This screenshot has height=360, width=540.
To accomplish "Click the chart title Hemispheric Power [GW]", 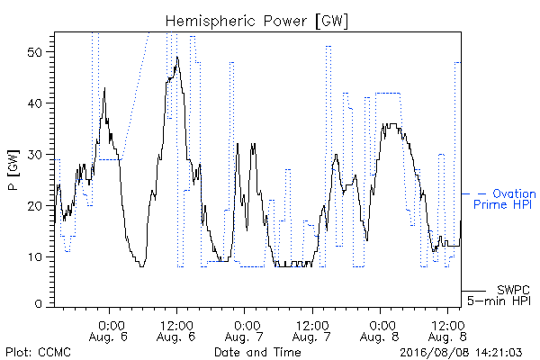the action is [256, 22].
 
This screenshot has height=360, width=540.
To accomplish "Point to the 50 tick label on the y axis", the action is [34, 52].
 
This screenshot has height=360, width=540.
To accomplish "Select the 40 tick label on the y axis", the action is [34, 103].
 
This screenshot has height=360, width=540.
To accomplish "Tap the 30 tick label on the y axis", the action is [34, 155].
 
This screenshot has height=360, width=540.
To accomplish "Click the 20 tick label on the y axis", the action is [34, 206].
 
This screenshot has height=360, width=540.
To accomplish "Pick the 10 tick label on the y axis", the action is [35, 257].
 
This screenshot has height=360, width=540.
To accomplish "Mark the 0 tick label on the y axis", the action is [38, 304].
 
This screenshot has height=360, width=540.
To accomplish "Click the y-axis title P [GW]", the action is [13, 170].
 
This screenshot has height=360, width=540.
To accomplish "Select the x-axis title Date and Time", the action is [257, 352].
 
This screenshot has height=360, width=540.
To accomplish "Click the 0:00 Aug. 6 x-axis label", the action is [108, 331].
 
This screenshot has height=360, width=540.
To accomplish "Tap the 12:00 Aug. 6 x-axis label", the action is [176, 331].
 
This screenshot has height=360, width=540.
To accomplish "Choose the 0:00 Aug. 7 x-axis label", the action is [244, 331].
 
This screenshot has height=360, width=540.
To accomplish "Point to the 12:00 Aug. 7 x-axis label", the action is [311, 331].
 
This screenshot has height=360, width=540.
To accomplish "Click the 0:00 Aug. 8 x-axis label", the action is [379, 331].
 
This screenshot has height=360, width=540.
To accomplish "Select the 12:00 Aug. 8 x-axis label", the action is [447, 331].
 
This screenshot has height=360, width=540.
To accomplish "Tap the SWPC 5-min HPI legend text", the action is [499, 295].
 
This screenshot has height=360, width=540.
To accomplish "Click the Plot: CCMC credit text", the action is [38, 352].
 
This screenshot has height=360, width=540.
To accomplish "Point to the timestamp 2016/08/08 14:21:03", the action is [461, 353].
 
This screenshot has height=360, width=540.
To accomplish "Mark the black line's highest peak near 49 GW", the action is [177, 57].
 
